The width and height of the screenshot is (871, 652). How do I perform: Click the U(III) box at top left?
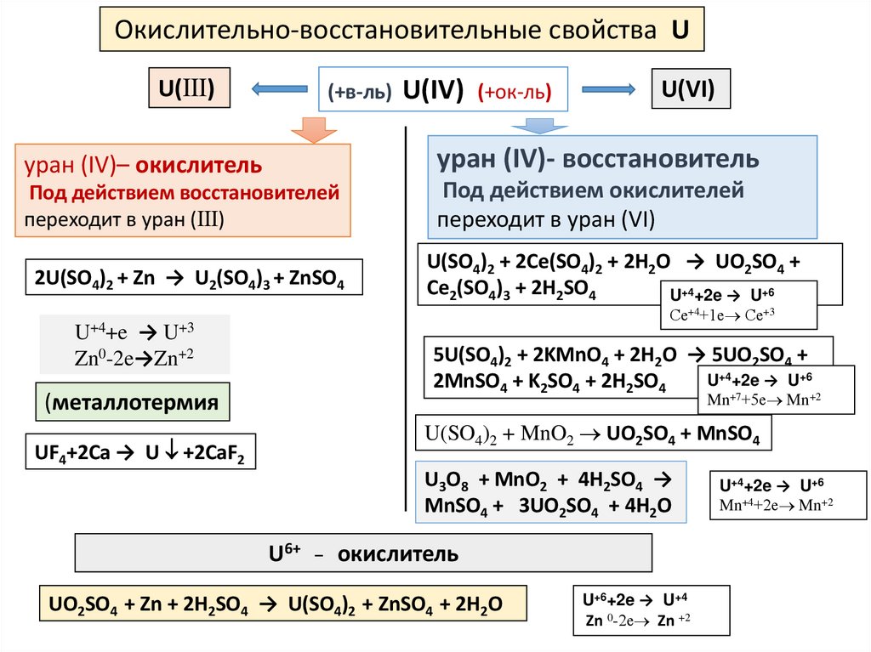(x=188, y=88)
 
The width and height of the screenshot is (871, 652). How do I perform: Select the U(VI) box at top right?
(x=690, y=88)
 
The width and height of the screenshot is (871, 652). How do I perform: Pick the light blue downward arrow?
(x=532, y=125)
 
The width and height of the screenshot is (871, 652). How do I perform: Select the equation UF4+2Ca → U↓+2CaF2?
(x=139, y=451)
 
